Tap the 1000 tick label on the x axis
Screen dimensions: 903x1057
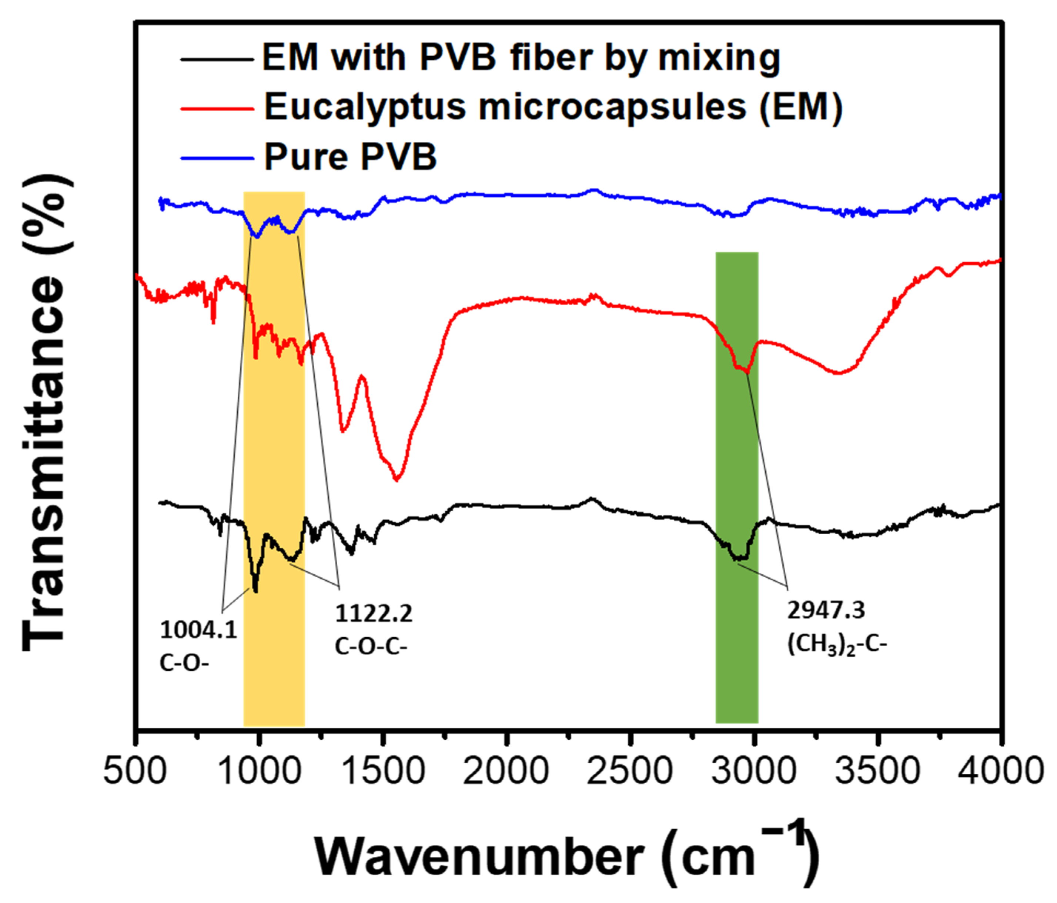coord(259,770)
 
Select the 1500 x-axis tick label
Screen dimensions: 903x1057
coord(384,770)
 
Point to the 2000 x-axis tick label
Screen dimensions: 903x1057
coord(506,770)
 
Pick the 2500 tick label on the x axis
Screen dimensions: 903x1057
coord(630,770)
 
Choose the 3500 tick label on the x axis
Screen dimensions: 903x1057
coord(877,770)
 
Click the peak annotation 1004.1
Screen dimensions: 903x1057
coord(198,630)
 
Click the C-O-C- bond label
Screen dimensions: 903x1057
coord(371,646)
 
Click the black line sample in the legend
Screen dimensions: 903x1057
coord(217,60)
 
